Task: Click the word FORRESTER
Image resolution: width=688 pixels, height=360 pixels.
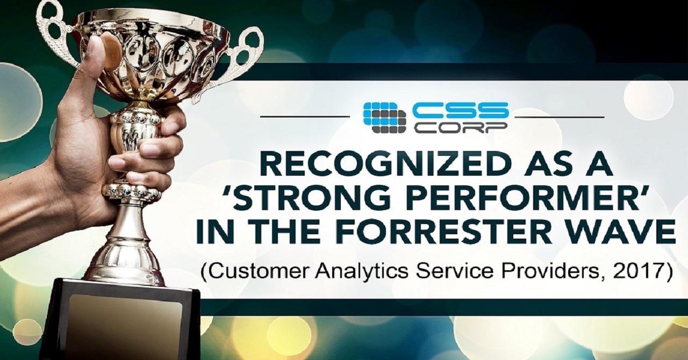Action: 454,232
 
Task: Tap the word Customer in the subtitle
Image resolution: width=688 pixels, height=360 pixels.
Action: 254,270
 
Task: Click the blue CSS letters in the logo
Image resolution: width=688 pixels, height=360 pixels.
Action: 460,110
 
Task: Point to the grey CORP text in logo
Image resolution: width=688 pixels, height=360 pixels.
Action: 460,127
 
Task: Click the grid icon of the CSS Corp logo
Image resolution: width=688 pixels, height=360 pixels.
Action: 385,117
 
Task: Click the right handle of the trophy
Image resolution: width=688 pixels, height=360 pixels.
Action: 245,56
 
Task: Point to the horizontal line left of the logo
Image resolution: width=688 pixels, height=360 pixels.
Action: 304,116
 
